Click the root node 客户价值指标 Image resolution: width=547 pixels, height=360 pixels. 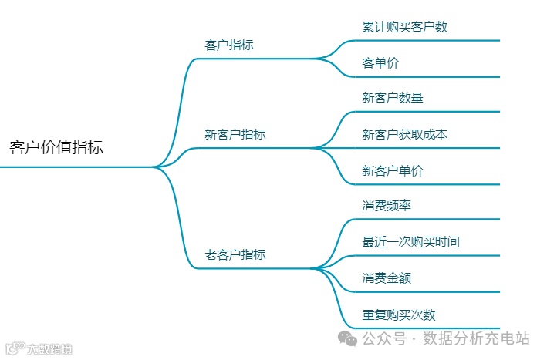coord(56,147)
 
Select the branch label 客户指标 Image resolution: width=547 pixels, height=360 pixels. coord(228,45)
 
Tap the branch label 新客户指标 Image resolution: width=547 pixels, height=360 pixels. coord(235,134)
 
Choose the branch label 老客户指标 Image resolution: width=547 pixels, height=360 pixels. coord(235,254)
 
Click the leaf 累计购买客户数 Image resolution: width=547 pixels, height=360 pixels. coord(404,27)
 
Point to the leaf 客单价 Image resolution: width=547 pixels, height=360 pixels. coord(380,63)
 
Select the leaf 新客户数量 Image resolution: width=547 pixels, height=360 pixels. coord(392,98)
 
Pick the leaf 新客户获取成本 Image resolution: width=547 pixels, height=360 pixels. coord(404,134)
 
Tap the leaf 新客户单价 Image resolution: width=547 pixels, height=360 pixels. coord(392,170)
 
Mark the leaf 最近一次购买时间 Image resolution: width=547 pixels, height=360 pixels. coord(410,242)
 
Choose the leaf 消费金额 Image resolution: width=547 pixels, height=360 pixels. coord(387,278)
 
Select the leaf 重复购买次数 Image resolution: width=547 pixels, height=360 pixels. coord(398,315)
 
